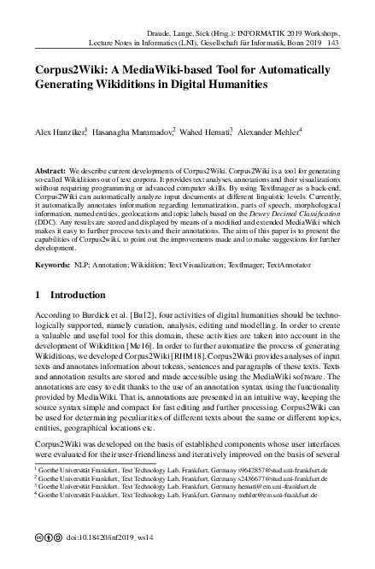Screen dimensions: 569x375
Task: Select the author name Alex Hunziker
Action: pyautogui.click(x=59, y=133)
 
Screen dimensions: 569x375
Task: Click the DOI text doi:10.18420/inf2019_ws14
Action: pyautogui.click(x=108, y=539)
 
